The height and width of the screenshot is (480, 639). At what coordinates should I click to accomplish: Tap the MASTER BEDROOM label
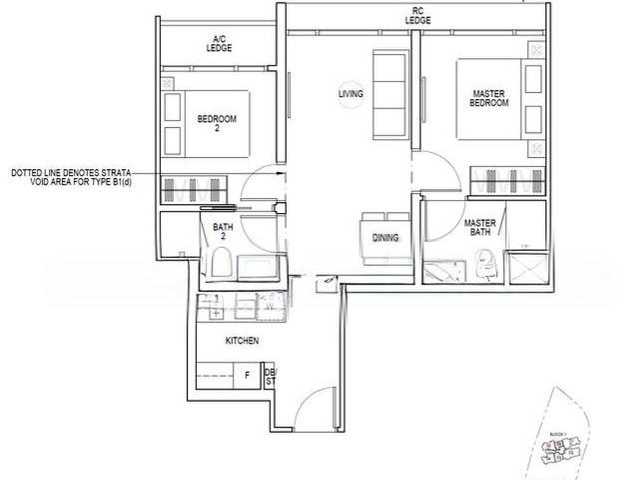click(489, 98)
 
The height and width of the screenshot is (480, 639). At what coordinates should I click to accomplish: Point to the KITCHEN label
click(242, 341)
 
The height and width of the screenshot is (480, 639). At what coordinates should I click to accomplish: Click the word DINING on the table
click(385, 238)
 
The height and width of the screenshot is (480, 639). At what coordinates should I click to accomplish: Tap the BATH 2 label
click(222, 232)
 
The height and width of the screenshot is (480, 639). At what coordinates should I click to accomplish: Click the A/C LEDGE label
click(219, 43)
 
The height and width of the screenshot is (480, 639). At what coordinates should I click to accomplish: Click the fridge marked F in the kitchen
click(247, 376)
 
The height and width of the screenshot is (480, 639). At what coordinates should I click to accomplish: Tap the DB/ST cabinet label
click(270, 376)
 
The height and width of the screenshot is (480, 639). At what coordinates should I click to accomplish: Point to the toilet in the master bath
click(487, 262)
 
